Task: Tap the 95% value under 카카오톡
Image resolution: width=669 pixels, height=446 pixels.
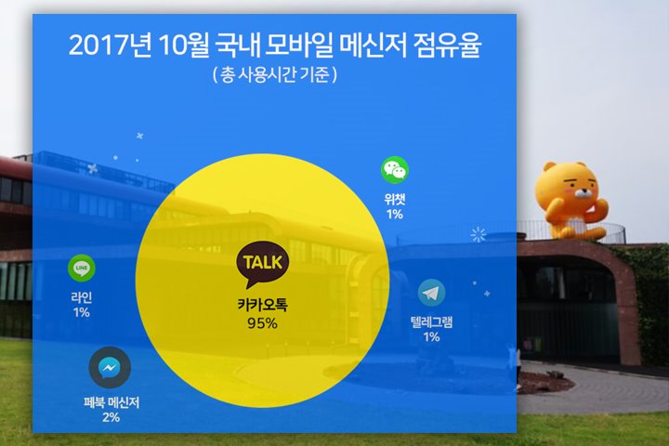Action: tap(262, 323)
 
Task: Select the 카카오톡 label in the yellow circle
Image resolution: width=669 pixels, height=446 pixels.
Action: tap(262, 305)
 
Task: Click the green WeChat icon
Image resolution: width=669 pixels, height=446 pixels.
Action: tap(395, 170)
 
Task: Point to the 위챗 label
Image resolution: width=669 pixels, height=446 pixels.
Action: tap(395, 200)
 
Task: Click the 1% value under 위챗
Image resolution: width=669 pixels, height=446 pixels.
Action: tap(395, 215)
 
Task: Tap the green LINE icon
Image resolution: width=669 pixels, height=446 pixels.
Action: tap(82, 268)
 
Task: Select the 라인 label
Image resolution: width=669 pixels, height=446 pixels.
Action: tap(82, 297)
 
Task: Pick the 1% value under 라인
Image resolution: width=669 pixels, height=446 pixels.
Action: tap(82, 312)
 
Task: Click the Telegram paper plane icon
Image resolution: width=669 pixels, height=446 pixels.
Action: tap(431, 293)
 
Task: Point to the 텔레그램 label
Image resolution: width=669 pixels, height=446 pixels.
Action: tap(431, 321)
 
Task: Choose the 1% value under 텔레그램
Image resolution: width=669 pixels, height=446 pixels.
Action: tap(431, 336)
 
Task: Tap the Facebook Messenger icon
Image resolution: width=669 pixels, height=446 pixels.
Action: tap(110, 367)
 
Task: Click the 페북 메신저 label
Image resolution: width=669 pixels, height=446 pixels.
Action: tap(111, 402)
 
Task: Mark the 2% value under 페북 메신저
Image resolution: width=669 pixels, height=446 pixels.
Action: tap(111, 417)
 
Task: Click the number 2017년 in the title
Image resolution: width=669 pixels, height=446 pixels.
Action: tap(110, 46)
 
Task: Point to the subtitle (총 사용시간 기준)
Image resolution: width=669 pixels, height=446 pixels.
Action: tap(275, 74)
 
